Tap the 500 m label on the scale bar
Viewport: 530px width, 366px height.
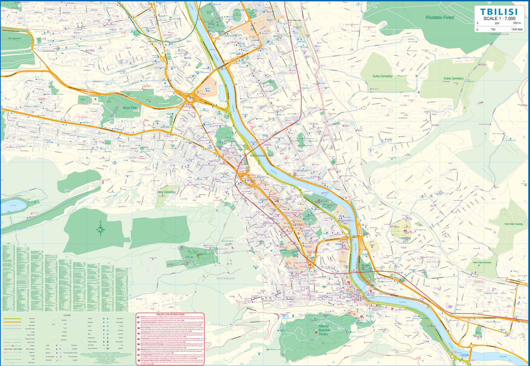click(x=518, y=23)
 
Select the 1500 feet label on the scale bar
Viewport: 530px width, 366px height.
click(x=516, y=29)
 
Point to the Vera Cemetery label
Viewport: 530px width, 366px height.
click(x=166, y=192)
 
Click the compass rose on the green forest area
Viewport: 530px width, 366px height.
click(x=101, y=228)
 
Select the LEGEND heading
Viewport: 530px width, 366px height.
click(x=67, y=315)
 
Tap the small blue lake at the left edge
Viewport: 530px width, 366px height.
click(x=12, y=205)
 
